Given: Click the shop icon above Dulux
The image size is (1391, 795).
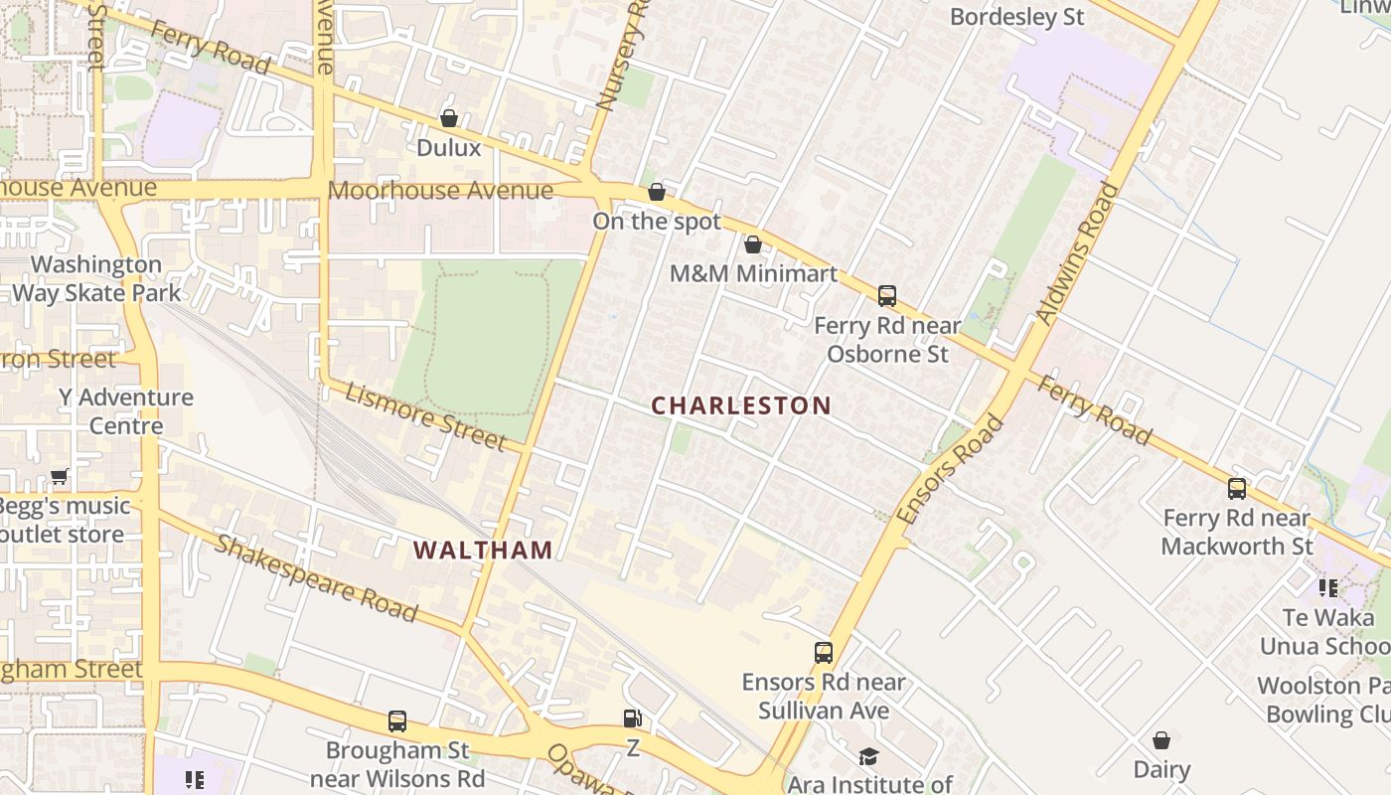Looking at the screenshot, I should coord(449,118).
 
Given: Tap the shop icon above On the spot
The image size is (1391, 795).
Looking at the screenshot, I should coord(657,192).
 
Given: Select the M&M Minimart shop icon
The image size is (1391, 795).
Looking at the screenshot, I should coord(753,244).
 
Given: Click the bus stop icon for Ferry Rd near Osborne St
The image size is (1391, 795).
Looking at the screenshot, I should coord(887,295).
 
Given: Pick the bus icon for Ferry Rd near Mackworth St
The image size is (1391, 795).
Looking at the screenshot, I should coord(1237,488).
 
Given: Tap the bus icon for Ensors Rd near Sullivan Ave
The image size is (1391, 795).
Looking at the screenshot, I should coord(824,652).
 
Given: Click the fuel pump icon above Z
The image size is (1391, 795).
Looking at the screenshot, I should coord(632,717).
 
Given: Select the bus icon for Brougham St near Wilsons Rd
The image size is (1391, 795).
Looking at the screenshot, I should coord(397,720).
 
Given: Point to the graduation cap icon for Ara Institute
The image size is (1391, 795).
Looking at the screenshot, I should coord(869,756).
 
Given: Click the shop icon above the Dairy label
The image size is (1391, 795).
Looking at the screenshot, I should coord(1161,740).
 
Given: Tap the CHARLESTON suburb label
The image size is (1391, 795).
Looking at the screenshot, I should coord(741,405).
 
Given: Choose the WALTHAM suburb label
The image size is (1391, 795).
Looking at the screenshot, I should coord(483,550).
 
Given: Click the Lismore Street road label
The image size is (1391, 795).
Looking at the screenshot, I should coord(425,415).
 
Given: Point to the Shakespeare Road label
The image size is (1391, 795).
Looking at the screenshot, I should coord(316,577).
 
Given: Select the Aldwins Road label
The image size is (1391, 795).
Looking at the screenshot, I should coord(1077,253).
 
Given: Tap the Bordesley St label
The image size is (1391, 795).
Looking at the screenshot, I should coord(1016,17).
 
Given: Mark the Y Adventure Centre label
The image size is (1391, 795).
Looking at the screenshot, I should coord(126,411).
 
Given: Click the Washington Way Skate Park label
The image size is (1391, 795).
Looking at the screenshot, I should coord(96,278).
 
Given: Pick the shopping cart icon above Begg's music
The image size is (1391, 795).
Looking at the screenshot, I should coord(60,477).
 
